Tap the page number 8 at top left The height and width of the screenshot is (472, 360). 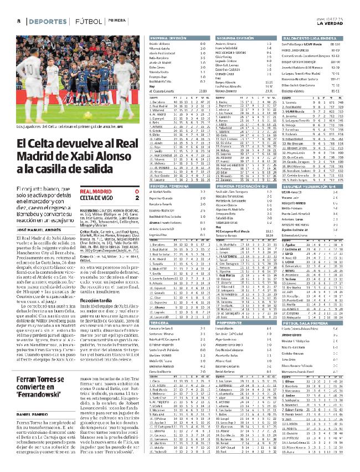tap(18, 20)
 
